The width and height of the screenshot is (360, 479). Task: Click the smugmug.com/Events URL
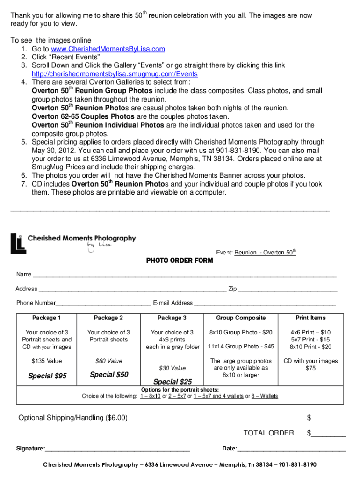(x=115, y=74)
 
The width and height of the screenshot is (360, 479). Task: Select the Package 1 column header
(x=47, y=318)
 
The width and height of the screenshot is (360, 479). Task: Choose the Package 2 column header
(x=108, y=318)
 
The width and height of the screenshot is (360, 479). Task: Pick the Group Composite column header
(x=240, y=318)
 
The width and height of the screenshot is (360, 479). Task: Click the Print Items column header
(x=310, y=318)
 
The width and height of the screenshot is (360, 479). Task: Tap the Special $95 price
(x=47, y=376)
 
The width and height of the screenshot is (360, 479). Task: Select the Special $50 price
(x=108, y=375)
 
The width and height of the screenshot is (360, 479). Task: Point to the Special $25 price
(x=172, y=382)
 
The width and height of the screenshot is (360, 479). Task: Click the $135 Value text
(x=47, y=361)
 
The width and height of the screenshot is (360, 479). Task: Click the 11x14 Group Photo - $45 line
(x=240, y=347)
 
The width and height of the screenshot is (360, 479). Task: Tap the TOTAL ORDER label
(x=268, y=433)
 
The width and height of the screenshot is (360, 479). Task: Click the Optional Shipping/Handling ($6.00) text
(x=72, y=418)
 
